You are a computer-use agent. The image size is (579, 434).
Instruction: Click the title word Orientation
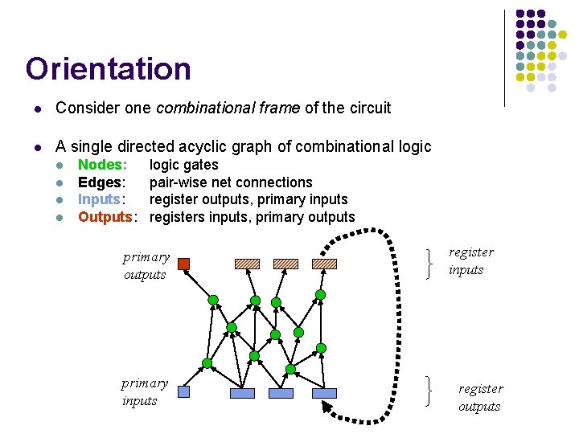pos(108,69)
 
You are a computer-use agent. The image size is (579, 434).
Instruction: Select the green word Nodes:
pos(101,165)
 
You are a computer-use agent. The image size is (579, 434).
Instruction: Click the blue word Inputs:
pos(100,199)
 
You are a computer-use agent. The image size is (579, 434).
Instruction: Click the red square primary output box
pos(183,264)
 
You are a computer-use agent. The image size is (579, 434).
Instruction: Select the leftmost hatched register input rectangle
pos(247,264)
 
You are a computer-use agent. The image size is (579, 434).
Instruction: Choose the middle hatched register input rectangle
pos(285,264)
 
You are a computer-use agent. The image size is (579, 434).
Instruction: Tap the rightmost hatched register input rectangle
pos(324,264)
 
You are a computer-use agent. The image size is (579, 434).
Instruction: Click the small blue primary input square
pos(183,392)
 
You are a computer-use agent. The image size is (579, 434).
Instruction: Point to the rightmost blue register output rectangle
pos(324,393)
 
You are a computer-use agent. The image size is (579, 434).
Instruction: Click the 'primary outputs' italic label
pos(146,266)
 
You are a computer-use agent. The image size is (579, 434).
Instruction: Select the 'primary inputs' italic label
pos(145,392)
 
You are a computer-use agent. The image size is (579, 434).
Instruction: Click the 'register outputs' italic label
pos(480,398)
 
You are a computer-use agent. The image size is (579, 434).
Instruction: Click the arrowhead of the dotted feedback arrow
pos(330,409)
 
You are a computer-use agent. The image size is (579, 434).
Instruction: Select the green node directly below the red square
pos(213,300)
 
